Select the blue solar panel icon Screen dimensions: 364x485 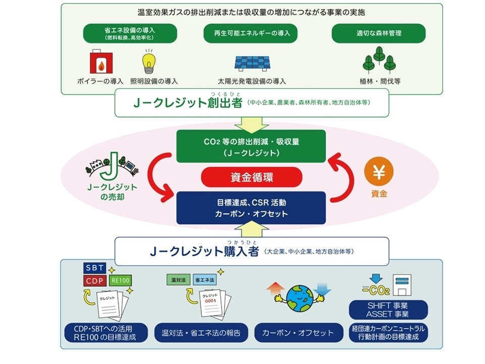pyautogui.click(x=253, y=62)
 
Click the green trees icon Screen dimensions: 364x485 pyautogui.click(x=379, y=61)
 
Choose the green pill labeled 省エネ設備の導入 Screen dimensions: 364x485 pyautogui.click(x=130, y=33)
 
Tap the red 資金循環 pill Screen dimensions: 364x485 pyautogui.click(x=251, y=177)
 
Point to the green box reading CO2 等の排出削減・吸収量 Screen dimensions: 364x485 pyautogui.click(x=251, y=147)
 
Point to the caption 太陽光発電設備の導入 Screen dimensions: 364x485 pyautogui.click(x=252, y=81)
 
